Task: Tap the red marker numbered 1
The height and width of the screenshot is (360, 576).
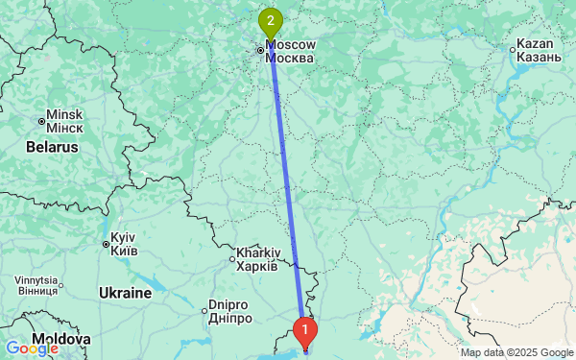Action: [x=305, y=331]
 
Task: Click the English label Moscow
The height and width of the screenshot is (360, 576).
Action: [x=292, y=44]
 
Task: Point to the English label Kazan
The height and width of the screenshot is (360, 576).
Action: [x=536, y=44]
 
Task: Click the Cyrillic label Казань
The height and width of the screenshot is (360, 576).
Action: [x=538, y=58]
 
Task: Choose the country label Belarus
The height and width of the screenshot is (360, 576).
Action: [x=50, y=148]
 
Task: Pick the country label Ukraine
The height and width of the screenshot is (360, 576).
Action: [x=125, y=292]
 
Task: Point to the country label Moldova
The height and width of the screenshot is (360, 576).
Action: [x=60, y=340]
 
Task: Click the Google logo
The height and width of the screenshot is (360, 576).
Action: [x=31, y=348]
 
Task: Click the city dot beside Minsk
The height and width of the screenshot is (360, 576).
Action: [x=41, y=121]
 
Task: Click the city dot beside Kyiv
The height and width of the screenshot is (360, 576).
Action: [x=106, y=244]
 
